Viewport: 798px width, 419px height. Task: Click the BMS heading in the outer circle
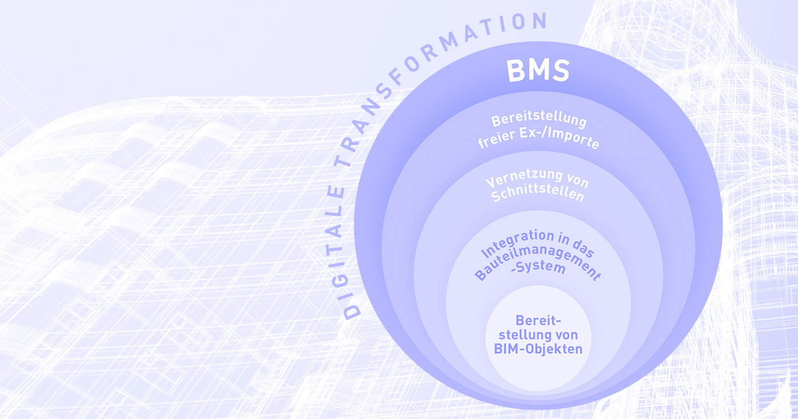point(538,72)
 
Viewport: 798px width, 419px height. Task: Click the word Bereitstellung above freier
point(539,121)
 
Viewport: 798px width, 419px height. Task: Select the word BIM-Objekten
point(538,348)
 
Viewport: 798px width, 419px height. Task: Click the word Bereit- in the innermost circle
point(538,320)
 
